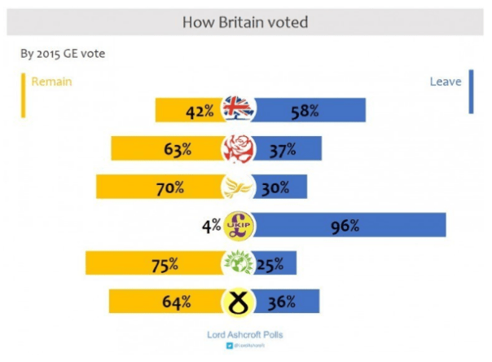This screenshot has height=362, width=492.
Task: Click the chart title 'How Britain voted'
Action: pyautogui.click(x=245, y=22)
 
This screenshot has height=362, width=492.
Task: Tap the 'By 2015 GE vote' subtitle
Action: pyautogui.click(x=62, y=55)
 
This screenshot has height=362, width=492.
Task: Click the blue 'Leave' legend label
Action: pyautogui.click(x=446, y=82)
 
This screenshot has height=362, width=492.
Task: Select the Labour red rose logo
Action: pyautogui.click(x=240, y=148)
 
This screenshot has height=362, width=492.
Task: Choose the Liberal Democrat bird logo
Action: pyautogui.click(x=239, y=187)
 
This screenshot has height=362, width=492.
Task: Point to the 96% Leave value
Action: pyautogui.click(x=345, y=226)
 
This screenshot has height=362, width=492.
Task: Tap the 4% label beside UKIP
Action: pyautogui.click(x=212, y=226)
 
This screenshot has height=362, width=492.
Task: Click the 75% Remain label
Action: pyautogui.click(x=166, y=264)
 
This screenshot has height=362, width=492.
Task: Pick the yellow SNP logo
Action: pyautogui.click(x=239, y=302)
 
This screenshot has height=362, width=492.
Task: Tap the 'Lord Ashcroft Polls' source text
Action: pyautogui.click(x=246, y=335)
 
